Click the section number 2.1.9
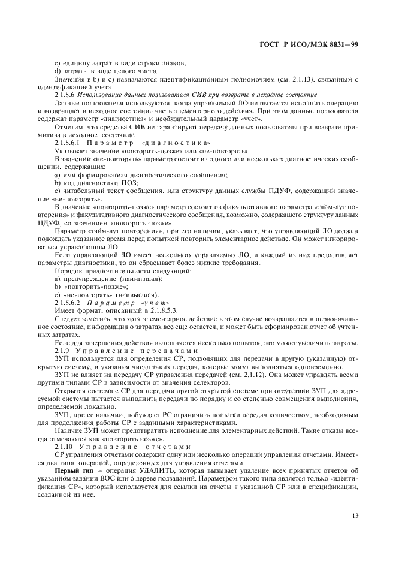click(x=62, y=349)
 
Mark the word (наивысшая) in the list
click(x=137, y=294)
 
